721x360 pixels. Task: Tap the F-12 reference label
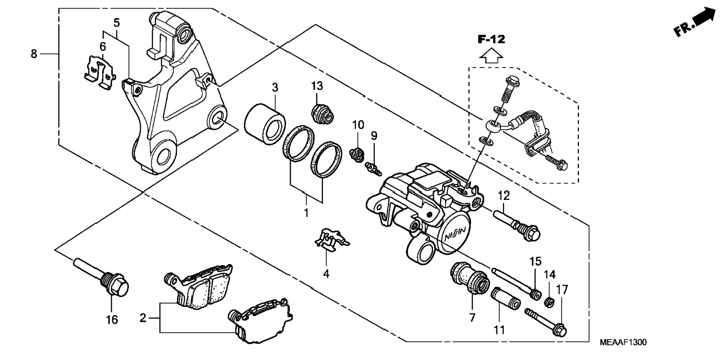491,40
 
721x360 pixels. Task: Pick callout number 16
112,320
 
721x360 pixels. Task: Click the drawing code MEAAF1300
623,342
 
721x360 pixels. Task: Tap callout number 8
34,54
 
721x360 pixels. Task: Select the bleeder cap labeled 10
356,154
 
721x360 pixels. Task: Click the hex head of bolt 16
119,287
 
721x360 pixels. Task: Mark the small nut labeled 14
548,301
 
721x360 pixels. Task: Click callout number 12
504,195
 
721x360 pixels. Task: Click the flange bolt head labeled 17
560,330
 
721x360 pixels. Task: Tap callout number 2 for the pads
143,318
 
